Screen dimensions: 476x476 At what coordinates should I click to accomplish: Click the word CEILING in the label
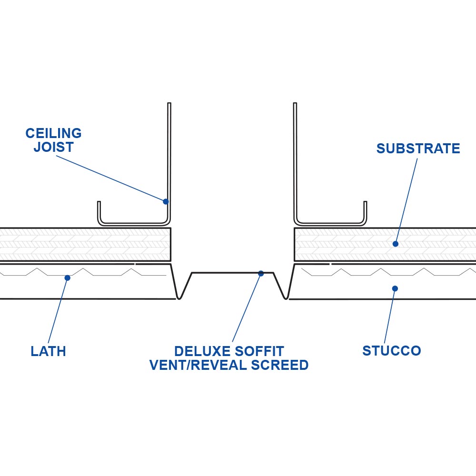pyautogui.click(x=53, y=133)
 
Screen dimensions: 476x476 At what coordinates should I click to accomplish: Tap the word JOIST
pyautogui.click(x=53, y=147)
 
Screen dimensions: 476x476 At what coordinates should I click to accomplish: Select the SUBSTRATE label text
pyautogui.click(x=418, y=149)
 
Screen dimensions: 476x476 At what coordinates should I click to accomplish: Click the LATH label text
pyautogui.click(x=48, y=352)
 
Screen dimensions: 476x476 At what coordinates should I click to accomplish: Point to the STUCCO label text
pyautogui.click(x=391, y=351)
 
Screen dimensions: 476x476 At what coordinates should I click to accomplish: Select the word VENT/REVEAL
pyautogui.click(x=196, y=365)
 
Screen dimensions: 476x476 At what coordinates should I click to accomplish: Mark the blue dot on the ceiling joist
pyautogui.click(x=166, y=201)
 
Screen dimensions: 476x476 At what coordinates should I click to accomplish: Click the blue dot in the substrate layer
pyautogui.click(x=395, y=244)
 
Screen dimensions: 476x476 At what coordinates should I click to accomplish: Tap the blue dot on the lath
pyautogui.click(x=68, y=278)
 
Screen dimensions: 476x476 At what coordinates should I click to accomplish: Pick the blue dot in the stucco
pyautogui.click(x=395, y=288)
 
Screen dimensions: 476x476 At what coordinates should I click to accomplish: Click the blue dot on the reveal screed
pyautogui.click(x=261, y=273)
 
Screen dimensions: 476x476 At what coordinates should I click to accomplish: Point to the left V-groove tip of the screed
pyautogui.click(x=179, y=298)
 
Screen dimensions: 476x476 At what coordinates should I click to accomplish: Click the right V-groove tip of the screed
pyautogui.click(x=286, y=298)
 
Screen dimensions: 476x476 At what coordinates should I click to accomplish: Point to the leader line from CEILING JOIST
pyautogui.click(x=109, y=178)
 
